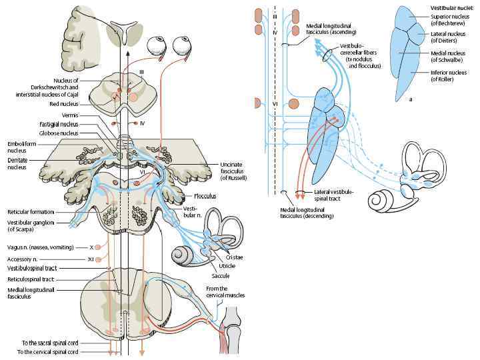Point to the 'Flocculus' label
[205, 197]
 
